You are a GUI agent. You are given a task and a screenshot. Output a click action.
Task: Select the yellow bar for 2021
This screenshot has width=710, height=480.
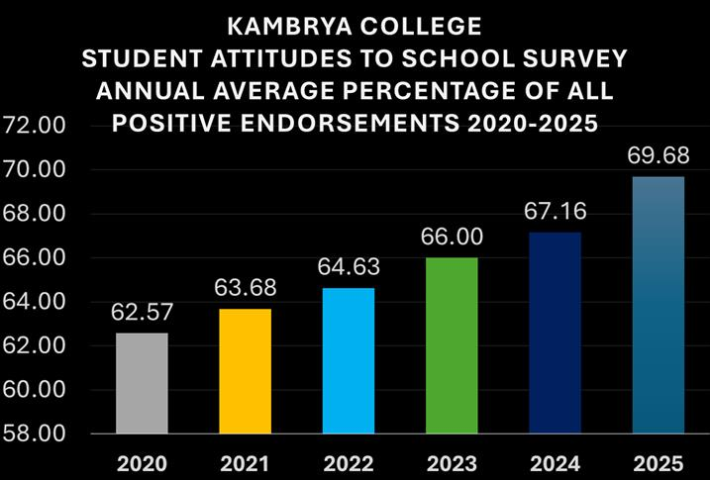click(x=245, y=371)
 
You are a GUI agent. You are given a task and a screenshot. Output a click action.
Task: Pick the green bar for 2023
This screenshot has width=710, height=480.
click(x=452, y=345)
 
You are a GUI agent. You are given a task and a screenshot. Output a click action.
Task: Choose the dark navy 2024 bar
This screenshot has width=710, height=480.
click(x=555, y=333)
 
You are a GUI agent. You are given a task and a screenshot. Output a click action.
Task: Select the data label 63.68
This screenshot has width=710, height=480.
click(x=246, y=289)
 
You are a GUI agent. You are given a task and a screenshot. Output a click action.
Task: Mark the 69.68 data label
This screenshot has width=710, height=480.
click(x=658, y=156)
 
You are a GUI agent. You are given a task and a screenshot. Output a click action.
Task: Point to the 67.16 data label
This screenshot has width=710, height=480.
click(x=555, y=212)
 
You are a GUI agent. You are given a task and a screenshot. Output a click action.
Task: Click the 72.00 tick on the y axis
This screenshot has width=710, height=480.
click(x=34, y=126)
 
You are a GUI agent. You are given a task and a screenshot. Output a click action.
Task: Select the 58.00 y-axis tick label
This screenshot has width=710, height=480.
click(x=34, y=433)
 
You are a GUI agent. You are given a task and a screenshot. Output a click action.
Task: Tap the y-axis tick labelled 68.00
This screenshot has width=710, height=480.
click(x=34, y=214)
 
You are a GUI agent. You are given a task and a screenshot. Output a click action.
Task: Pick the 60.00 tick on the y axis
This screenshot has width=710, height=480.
click(x=34, y=390)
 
